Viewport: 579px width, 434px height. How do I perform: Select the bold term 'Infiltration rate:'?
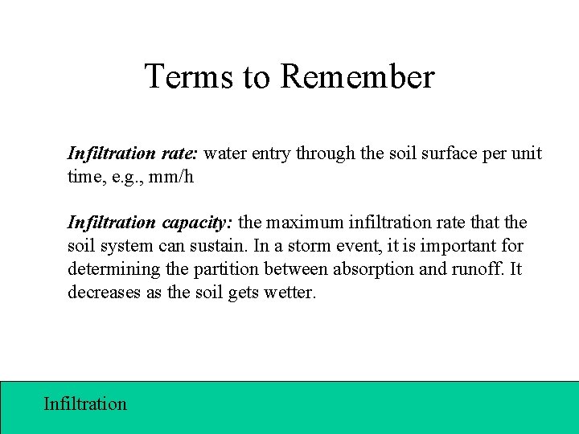pyautogui.click(x=138, y=153)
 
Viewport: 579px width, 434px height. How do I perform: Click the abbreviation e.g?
pyautogui.click(x=118, y=176)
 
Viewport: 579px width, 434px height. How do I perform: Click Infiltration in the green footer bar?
pyautogui.click(x=84, y=403)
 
